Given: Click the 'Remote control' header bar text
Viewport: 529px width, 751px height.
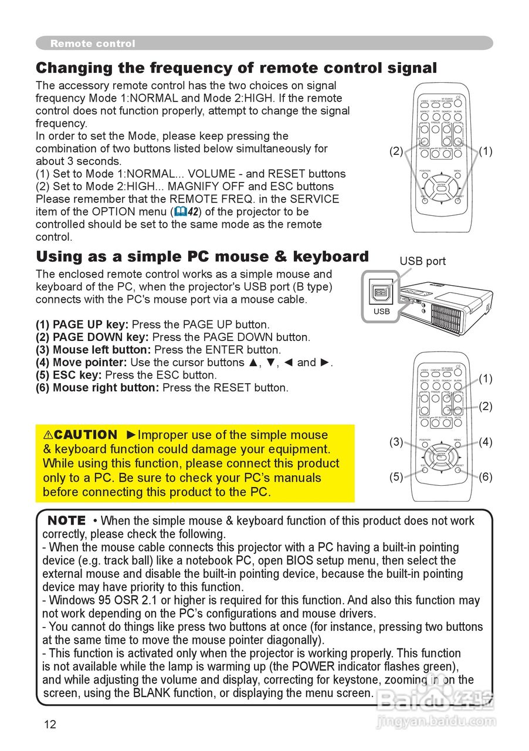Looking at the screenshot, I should pyautogui.click(x=93, y=43).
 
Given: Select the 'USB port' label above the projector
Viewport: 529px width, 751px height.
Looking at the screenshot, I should pyautogui.click(x=422, y=261).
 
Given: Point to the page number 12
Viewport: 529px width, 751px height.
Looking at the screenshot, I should pyautogui.click(x=50, y=724).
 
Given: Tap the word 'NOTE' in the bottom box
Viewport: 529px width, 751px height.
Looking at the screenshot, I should pyautogui.click(x=66, y=520).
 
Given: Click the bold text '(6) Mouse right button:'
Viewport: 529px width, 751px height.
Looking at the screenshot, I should pyautogui.click(x=97, y=388).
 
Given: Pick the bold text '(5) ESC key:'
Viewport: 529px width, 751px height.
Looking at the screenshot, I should pyautogui.click(x=69, y=375).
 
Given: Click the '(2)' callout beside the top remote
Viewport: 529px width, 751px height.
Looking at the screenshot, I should pyautogui.click(x=396, y=151).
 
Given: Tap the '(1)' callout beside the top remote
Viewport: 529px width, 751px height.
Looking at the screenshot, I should pyautogui.click(x=486, y=151).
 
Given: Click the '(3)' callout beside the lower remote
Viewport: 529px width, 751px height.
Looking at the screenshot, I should pyautogui.click(x=396, y=442).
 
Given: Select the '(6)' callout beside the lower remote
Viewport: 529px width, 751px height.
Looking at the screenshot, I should pyautogui.click(x=486, y=476).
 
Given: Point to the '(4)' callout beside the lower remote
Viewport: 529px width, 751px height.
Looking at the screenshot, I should pyautogui.click(x=486, y=442).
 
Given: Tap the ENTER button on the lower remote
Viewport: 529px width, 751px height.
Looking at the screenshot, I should pyautogui.click(x=441, y=456).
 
